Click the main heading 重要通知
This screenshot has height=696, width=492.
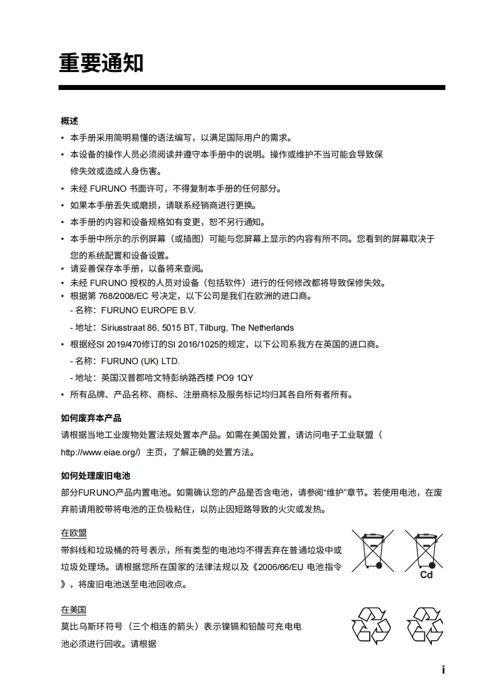click(x=101, y=63)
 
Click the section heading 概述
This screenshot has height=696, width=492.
click(x=69, y=120)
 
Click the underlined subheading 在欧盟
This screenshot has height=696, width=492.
click(x=74, y=533)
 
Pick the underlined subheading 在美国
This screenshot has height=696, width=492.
click(x=74, y=610)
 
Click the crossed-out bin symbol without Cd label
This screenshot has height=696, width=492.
click(x=373, y=550)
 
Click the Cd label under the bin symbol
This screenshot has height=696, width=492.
click(x=426, y=575)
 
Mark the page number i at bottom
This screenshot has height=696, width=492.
click(x=443, y=670)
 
